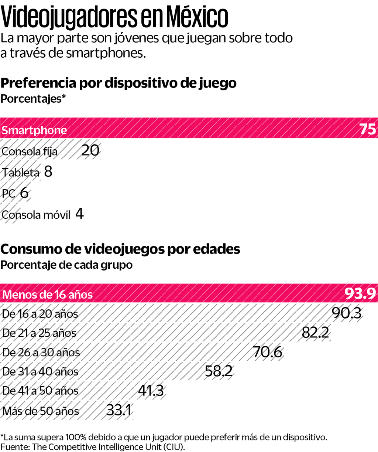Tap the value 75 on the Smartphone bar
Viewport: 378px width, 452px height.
[x=367, y=129]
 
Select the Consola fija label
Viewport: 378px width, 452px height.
[x=30, y=152]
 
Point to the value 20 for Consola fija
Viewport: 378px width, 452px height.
[x=90, y=150]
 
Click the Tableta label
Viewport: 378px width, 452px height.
[x=21, y=173]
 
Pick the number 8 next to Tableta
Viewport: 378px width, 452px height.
[x=48, y=172]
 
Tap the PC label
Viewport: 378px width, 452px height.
[x=8, y=193]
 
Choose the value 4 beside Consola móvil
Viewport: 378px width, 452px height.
[x=79, y=214]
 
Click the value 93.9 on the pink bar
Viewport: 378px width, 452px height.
[x=360, y=294]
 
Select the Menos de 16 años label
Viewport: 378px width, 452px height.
[x=48, y=295]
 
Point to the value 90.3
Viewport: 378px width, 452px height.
[x=346, y=313]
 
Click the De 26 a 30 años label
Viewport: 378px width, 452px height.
[x=41, y=352]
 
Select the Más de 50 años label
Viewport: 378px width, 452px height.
[x=41, y=411]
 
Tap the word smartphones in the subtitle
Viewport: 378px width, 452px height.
[x=106, y=53]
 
